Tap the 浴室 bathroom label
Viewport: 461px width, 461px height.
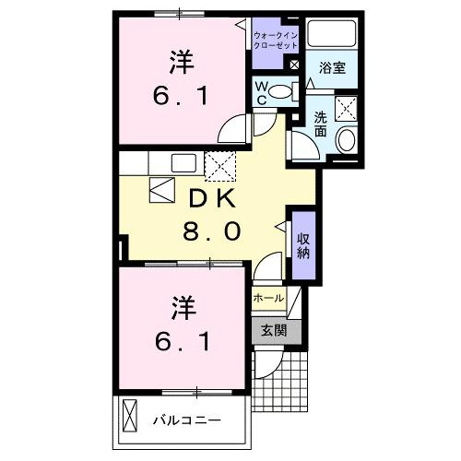click(331, 68)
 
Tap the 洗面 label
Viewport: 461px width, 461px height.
click(320, 124)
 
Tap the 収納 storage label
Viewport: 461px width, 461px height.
click(302, 244)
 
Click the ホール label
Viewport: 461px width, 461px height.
click(268, 300)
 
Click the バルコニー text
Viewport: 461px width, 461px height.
click(186, 420)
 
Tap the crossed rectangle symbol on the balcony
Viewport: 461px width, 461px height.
click(129, 418)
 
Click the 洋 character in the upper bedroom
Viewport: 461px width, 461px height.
click(182, 64)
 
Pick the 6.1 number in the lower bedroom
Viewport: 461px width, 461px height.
click(182, 342)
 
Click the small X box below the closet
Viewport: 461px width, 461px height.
click(294, 66)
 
